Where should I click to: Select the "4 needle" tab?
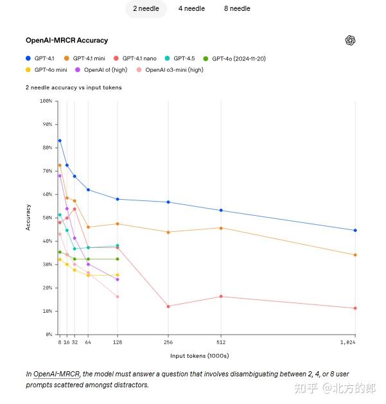tap(191, 9)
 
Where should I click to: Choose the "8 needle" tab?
tap(237, 9)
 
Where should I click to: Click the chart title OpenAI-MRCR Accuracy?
tap(67, 40)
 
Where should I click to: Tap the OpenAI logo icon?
tap(350, 40)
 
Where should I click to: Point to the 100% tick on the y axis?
tap(46, 101)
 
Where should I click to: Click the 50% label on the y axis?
tap(47, 218)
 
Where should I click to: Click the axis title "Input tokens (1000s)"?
tap(199, 355)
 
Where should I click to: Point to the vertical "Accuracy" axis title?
tap(28, 217)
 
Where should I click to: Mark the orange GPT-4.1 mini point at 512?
tap(221, 228)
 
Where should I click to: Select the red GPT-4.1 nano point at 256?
tap(168, 306)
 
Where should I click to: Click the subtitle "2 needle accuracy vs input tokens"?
tap(73, 87)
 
